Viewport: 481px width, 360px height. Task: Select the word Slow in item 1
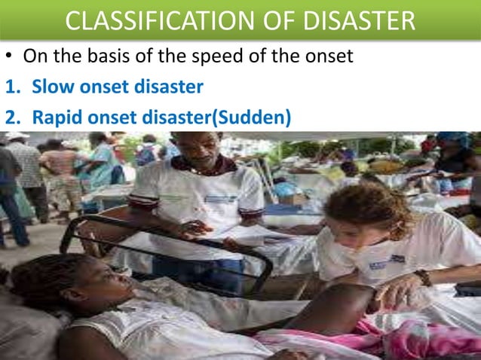coord(51,87)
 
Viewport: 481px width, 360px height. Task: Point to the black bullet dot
coord(10,57)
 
